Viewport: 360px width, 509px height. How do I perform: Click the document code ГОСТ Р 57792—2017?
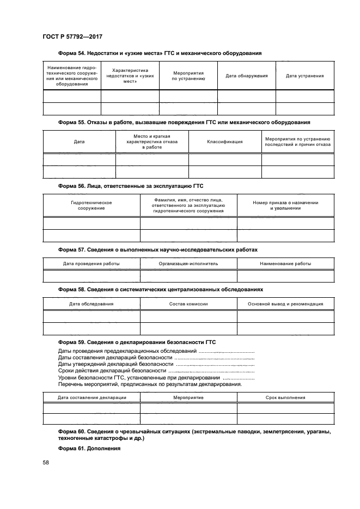click(x=72, y=37)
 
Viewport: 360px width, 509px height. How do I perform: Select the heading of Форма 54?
click(x=160, y=53)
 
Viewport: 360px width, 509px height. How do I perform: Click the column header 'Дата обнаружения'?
click(x=247, y=76)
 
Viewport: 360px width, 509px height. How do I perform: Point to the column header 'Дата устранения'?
click(x=305, y=76)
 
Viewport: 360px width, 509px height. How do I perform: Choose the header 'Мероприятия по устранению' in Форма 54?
click(x=188, y=76)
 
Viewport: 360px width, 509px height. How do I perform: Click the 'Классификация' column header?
click(x=225, y=142)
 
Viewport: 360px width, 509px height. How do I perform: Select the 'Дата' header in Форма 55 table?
click(x=79, y=142)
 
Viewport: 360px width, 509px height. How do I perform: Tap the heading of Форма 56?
click(x=130, y=186)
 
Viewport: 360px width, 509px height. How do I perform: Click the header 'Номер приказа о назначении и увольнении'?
click(x=285, y=205)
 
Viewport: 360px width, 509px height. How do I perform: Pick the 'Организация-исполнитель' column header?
click(x=188, y=263)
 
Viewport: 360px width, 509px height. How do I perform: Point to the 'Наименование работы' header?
click(x=285, y=263)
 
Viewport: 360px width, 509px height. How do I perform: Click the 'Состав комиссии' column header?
click(x=188, y=304)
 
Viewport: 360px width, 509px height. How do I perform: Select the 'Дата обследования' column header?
click(x=91, y=304)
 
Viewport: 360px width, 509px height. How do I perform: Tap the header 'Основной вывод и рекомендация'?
click(x=285, y=304)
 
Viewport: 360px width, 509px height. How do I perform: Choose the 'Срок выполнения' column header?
click(x=285, y=398)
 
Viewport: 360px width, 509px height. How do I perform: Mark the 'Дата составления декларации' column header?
click(x=91, y=398)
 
